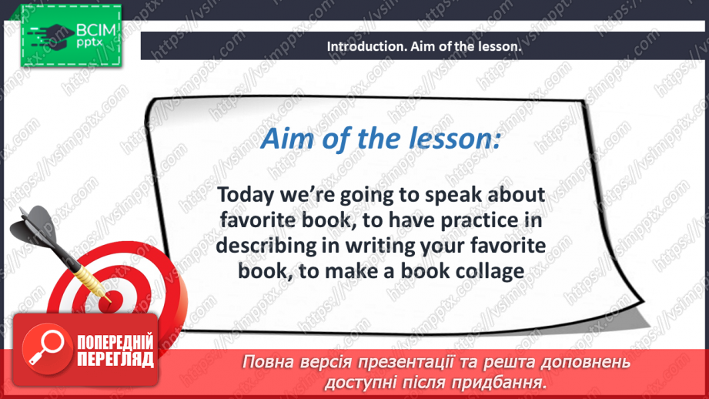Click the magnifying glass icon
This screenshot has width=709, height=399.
pos(46,348)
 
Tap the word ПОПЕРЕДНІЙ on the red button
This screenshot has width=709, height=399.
pos(115,343)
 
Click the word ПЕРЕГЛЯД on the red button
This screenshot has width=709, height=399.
pos(115,359)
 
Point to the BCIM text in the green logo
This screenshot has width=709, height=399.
pos(96,30)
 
